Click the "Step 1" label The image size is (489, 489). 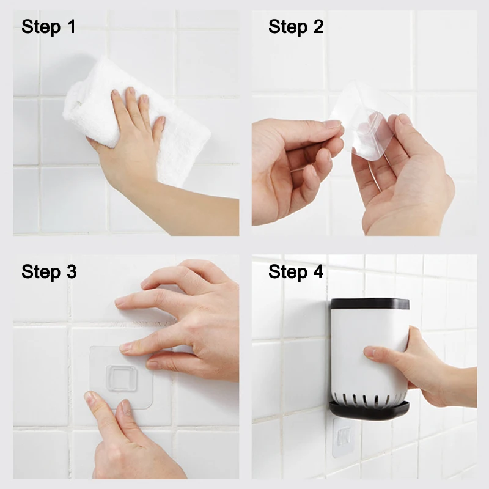48,27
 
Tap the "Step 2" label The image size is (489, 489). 296,27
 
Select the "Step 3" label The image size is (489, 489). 49,271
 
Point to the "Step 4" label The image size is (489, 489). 296,271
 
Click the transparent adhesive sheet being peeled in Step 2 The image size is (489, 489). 368,122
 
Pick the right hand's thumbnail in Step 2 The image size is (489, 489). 405,120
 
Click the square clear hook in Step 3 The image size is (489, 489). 121,378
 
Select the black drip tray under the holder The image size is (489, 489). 369,410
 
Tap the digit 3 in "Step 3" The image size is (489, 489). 72,271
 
